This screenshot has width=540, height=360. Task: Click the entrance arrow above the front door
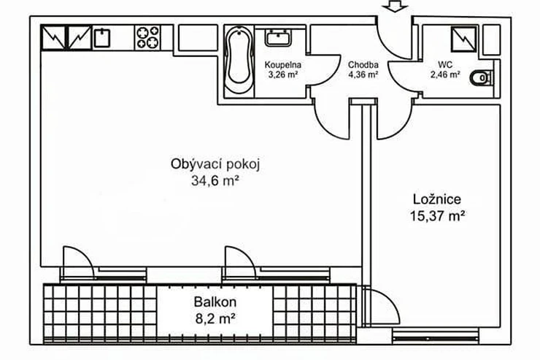[395, 6]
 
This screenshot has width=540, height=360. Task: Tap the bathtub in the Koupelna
[239, 60]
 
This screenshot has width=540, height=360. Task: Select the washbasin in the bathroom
[278, 37]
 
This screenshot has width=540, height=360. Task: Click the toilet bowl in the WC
[481, 78]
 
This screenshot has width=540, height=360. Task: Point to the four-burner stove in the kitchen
[148, 37]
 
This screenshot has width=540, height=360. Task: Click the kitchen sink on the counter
[102, 38]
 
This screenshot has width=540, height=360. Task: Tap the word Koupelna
[282, 65]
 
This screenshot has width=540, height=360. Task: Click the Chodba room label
[363, 65]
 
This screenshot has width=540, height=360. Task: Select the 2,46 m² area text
[445, 74]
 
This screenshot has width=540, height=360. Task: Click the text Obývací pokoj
[215, 164]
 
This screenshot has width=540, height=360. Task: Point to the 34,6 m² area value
[215, 180]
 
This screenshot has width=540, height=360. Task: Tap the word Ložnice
[437, 199]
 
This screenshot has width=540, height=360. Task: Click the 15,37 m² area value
[437, 216]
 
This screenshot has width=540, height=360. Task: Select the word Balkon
[215, 302]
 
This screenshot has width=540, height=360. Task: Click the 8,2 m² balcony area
[215, 318]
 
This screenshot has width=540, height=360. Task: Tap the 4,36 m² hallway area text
[363, 74]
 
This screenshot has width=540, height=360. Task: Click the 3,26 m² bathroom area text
[282, 74]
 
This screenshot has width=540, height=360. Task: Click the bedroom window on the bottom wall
[436, 336]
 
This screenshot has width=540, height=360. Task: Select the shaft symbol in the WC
[464, 39]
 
